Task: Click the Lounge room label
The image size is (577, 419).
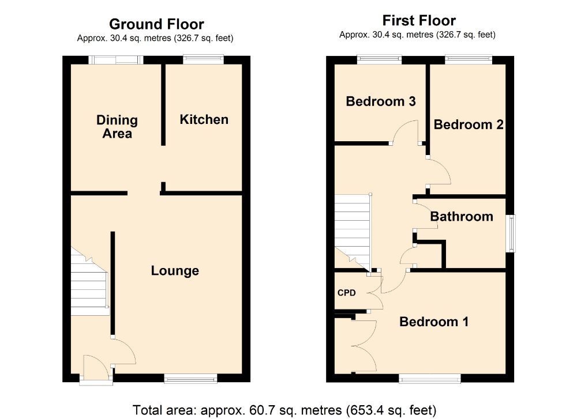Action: pyautogui.click(x=175, y=271)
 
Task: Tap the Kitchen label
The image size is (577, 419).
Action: pyautogui.click(x=204, y=119)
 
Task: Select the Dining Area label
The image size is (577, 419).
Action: pyautogui.click(x=117, y=127)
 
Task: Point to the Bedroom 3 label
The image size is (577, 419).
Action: pyautogui.click(x=381, y=101)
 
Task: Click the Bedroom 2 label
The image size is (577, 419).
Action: pyautogui.click(x=469, y=124)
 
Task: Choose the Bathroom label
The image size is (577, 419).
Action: pyautogui.click(x=462, y=217)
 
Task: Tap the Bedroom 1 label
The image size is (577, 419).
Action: pyautogui.click(x=434, y=322)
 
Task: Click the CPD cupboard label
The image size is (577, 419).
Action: pyautogui.click(x=347, y=293)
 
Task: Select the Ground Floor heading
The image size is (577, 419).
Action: pyautogui.click(x=156, y=24)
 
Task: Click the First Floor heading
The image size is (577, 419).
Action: pyautogui.click(x=419, y=21)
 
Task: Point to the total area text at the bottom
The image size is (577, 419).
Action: pyautogui.click(x=284, y=410)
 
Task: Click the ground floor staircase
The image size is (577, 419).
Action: pyautogui.click(x=89, y=281)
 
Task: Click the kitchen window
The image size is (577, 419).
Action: pyautogui.click(x=204, y=59)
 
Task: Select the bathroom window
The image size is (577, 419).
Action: pyautogui.click(x=511, y=233)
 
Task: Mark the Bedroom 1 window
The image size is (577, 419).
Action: pyautogui.click(x=430, y=378)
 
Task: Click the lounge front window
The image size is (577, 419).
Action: pyautogui.click(x=190, y=378)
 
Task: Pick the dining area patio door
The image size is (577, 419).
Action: pyautogui.click(x=116, y=60)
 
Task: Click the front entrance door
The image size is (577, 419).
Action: pyautogui.click(x=96, y=370)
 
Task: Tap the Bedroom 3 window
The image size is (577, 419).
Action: pyautogui.click(x=380, y=59)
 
